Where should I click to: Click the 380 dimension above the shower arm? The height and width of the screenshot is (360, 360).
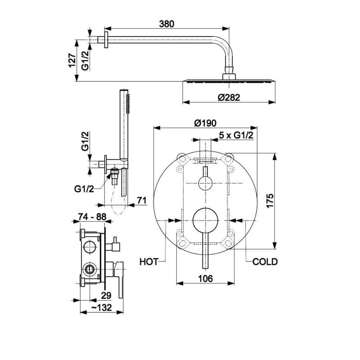[166, 24]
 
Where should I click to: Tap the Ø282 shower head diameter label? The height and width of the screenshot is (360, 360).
[229, 98]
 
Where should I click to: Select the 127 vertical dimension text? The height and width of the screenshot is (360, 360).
[72, 61]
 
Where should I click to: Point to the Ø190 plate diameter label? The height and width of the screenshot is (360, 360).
[205, 123]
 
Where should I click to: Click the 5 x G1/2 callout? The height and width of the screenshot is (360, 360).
[236, 135]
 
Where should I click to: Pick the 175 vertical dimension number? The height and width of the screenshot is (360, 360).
[270, 201]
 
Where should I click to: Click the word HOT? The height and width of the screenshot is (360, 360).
[149, 262]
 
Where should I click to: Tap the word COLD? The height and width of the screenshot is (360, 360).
[265, 262]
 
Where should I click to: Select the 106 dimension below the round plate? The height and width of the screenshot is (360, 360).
[206, 279]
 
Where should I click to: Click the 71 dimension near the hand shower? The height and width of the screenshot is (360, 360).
[142, 200]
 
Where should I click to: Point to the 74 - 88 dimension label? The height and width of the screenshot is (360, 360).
[92, 217]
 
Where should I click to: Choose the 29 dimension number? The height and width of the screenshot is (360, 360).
[106, 296]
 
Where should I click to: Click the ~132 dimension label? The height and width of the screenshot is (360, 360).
[102, 308]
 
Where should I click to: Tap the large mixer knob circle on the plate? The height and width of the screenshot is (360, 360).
[205, 220]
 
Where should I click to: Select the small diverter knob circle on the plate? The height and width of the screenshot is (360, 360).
[205, 183]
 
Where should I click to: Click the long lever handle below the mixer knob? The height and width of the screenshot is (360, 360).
[205, 250]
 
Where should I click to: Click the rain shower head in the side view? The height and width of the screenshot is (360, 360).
[229, 81]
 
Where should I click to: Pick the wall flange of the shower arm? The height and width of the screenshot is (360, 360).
[106, 40]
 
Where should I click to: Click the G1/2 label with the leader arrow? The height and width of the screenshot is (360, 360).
[84, 189]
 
